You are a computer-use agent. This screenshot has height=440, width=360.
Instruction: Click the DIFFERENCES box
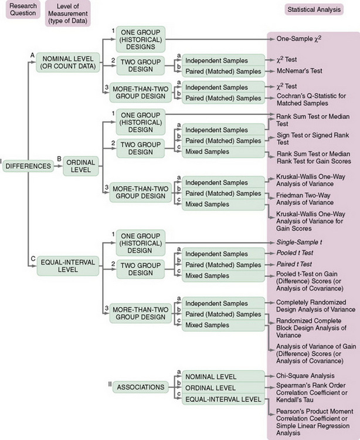pos(29,166)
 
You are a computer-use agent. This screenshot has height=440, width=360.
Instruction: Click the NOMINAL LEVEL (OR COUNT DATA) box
pos(69,62)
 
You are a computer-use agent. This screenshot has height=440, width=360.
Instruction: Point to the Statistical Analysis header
pos(313,10)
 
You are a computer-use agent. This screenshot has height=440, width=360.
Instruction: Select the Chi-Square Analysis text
pos(307,375)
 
